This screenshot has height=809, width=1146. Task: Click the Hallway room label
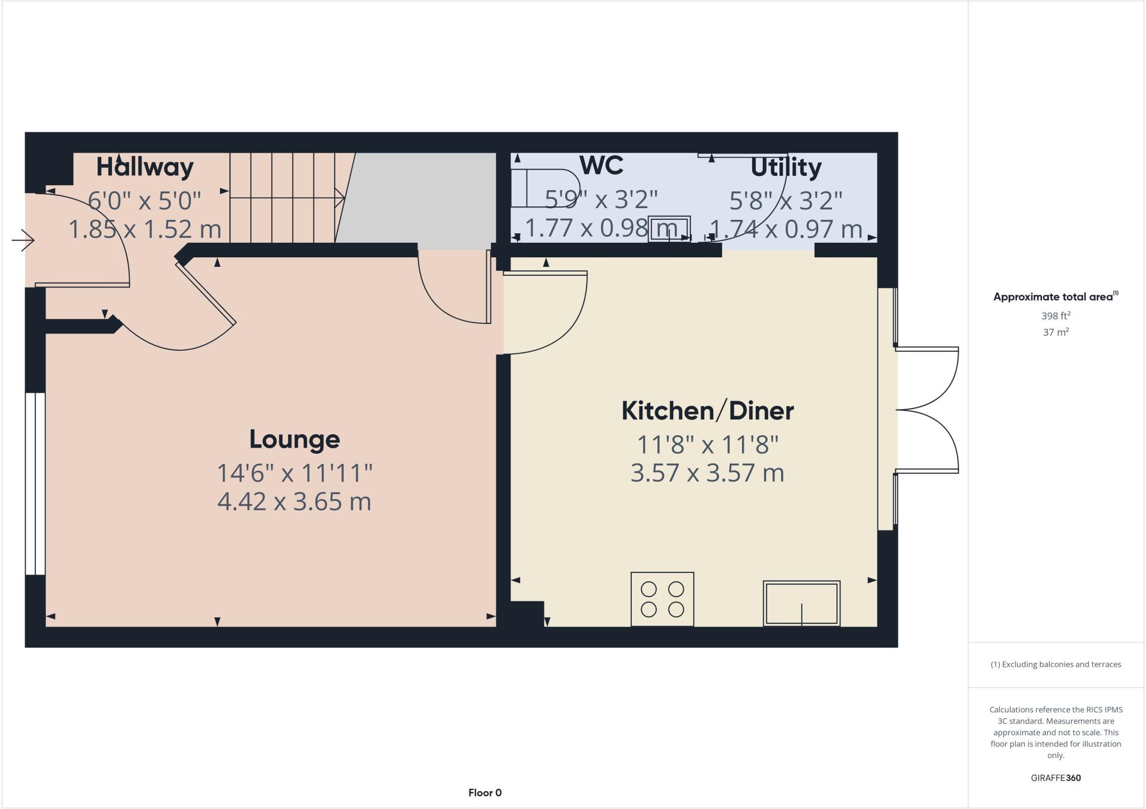coord(145,167)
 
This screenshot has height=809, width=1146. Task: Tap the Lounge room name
coord(294,439)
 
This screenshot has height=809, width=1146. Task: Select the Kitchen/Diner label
coord(707,411)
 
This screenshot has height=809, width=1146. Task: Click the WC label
coord(602,165)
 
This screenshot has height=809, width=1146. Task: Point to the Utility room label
coord(786,167)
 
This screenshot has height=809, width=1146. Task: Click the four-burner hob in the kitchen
coord(662,599)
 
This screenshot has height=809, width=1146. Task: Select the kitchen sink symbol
coord(801,603)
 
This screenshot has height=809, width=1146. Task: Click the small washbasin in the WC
coord(669,229)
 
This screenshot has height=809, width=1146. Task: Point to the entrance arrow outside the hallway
coord(23,241)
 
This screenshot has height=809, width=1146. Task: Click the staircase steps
coord(283,197)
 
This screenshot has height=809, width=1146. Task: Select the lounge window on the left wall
coord(35,483)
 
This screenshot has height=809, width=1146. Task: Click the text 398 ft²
coord(1055,316)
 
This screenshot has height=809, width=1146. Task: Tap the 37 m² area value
coord(1055,332)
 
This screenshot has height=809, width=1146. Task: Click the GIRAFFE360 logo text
coord(1055,778)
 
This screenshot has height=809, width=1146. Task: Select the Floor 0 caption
coord(485,792)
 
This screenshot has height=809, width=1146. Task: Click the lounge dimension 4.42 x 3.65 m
coord(294,501)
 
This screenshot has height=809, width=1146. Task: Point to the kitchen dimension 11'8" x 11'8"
coord(707,445)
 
